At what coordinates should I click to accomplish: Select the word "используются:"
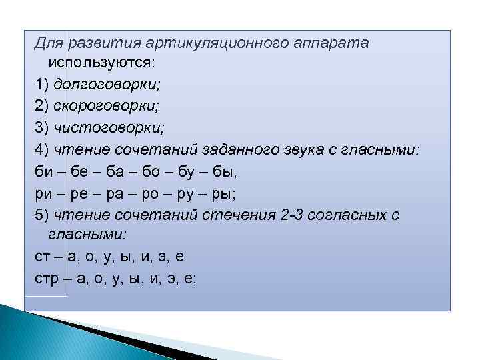click(x=101, y=63)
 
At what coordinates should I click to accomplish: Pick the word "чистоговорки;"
click(x=107, y=128)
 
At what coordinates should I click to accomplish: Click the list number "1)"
click(x=41, y=85)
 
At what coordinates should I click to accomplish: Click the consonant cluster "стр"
click(x=47, y=279)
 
